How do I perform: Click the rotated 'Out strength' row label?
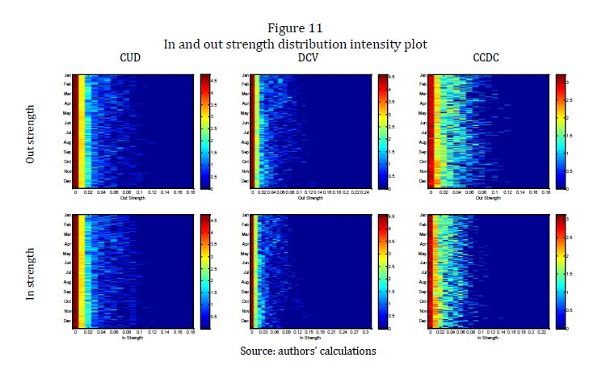click(x=31, y=133)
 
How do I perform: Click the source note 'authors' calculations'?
click(x=328, y=351)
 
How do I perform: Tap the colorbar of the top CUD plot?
click(x=205, y=132)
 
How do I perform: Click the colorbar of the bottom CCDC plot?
click(x=561, y=271)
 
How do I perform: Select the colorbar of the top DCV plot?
click(x=381, y=132)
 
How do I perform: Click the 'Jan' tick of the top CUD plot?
click(x=67, y=76)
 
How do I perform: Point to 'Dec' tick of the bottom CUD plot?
click(x=67, y=321)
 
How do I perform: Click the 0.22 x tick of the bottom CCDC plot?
click(x=542, y=333)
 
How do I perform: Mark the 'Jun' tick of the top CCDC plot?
click(x=424, y=124)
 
